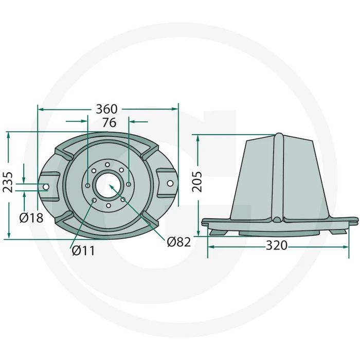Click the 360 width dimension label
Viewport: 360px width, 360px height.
[106, 109]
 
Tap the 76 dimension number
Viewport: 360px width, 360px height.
[109, 122]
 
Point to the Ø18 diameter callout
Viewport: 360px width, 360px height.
[31, 218]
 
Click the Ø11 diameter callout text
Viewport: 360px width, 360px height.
[83, 250]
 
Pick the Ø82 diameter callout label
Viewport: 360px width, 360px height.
[179, 242]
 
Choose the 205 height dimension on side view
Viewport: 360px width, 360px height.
[197, 182]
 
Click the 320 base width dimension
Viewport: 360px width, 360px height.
[277, 245]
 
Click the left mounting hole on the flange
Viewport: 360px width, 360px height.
[46, 187]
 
